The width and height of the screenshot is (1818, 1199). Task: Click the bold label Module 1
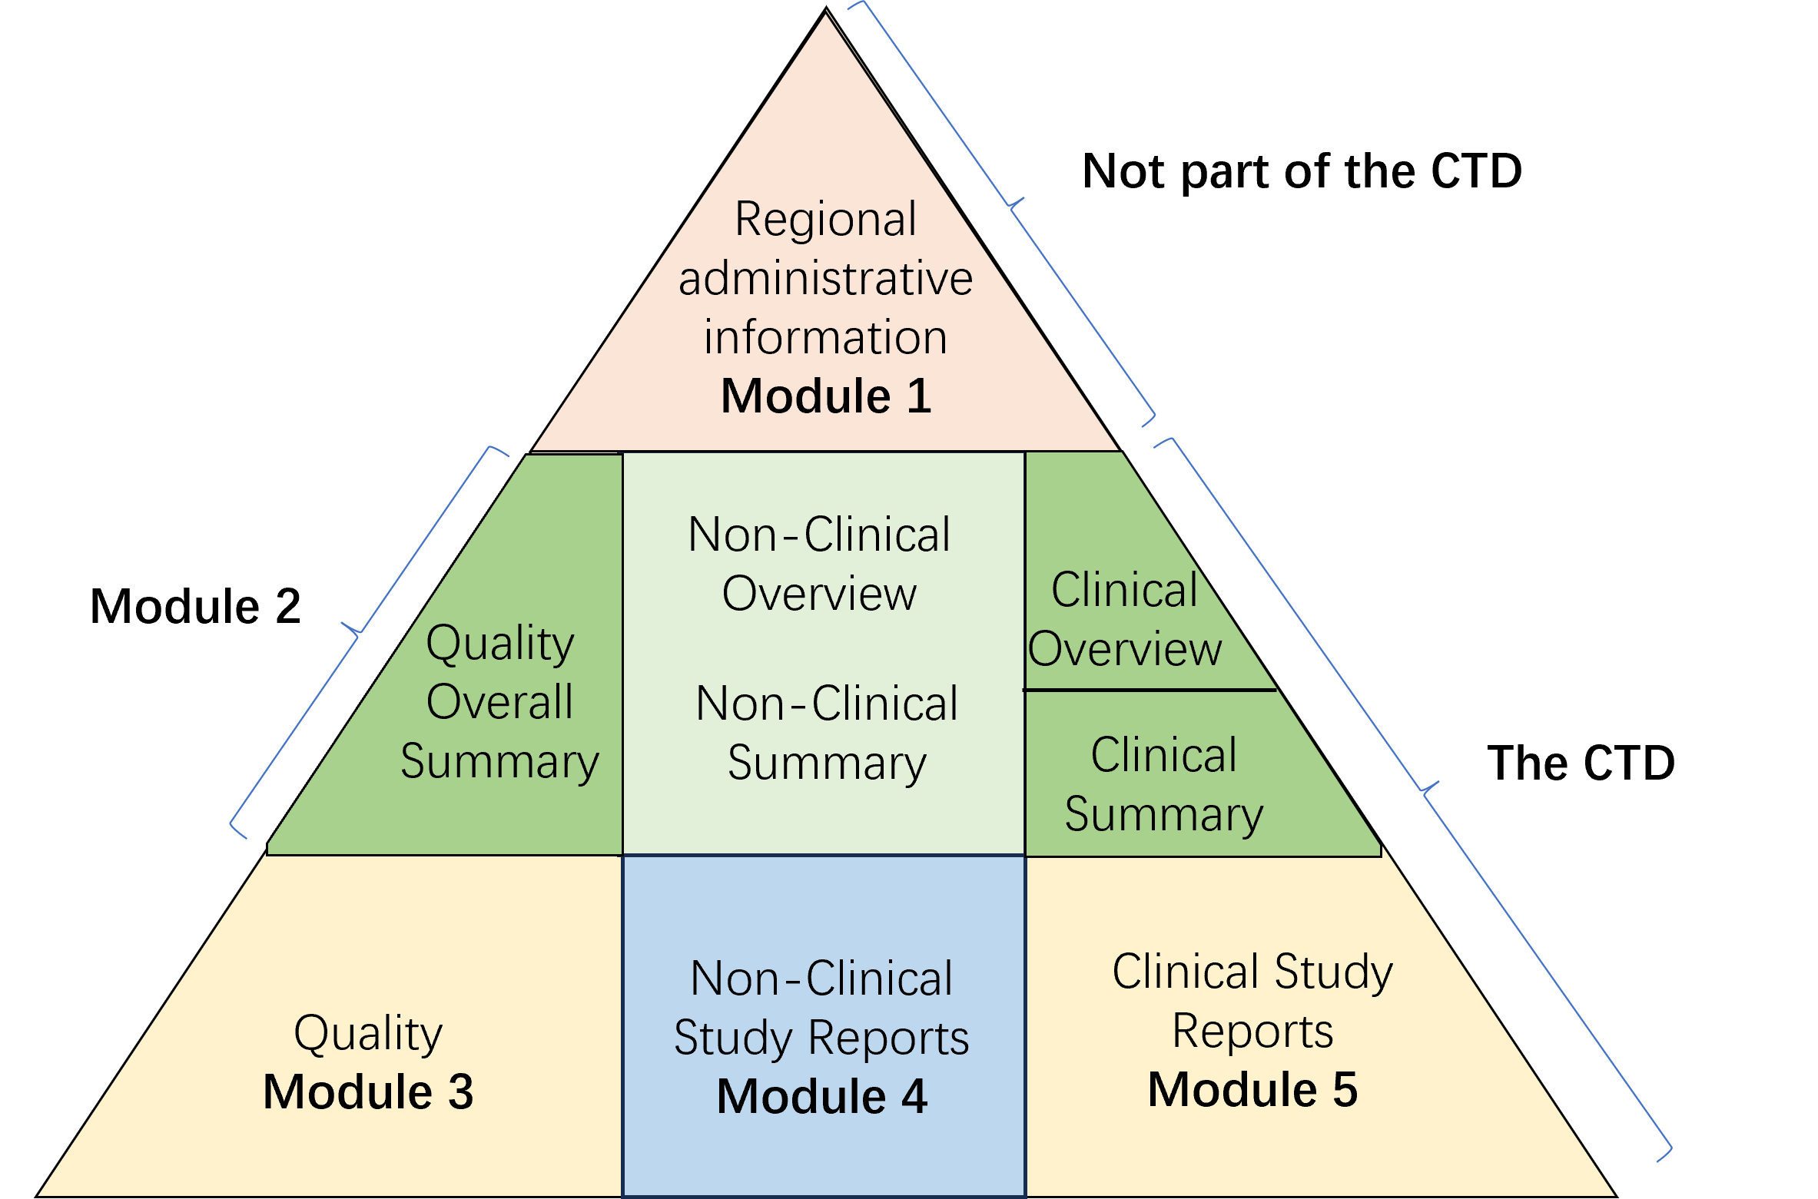pyautogui.click(x=826, y=396)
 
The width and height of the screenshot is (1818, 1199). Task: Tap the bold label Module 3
pyautogui.click(x=368, y=1091)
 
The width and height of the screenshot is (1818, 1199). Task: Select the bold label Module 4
pyautogui.click(x=821, y=1096)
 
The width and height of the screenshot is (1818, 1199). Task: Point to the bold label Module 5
pyautogui.click(x=1252, y=1089)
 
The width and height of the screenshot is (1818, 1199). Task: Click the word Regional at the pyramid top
pyautogui.click(x=825, y=220)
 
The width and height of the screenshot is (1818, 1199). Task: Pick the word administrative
pyautogui.click(x=825, y=278)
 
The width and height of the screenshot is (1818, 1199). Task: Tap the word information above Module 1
pyautogui.click(x=825, y=338)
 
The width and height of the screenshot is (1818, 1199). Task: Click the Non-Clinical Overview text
pyautogui.click(x=819, y=564)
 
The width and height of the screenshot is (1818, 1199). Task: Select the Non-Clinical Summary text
pyautogui.click(x=827, y=734)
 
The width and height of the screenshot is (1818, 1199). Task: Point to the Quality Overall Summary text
pyautogui.click(x=499, y=701)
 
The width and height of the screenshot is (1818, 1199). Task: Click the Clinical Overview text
pyautogui.click(x=1125, y=619)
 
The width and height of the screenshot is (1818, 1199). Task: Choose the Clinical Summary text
pyautogui.click(x=1163, y=784)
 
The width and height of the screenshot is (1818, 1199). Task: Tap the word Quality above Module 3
pyautogui.click(x=368, y=1033)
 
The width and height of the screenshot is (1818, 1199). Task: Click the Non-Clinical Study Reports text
pyautogui.click(x=821, y=1008)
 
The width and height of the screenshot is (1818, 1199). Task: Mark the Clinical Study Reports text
pyautogui.click(x=1252, y=1000)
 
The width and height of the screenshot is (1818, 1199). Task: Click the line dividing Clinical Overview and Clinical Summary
pyautogui.click(x=1150, y=691)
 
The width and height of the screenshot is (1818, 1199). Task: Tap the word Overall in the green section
pyautogui.click(x=499, y=701)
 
